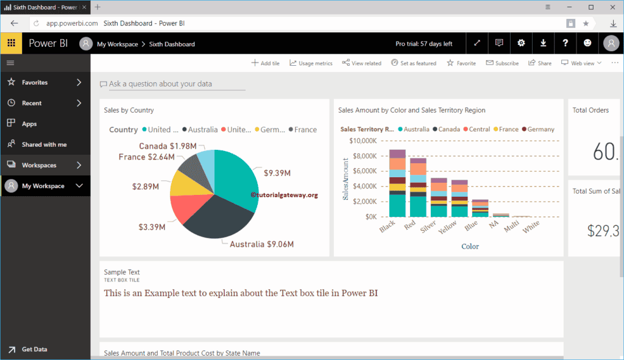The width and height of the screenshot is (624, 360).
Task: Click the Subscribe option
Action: click(502, 63)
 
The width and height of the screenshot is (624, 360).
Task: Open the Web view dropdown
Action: click(581, 63)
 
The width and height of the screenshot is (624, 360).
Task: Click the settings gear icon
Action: click(521, 43)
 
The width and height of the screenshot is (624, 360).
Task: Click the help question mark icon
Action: click(565, 43)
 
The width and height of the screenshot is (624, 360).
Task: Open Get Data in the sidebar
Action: click(34, 349)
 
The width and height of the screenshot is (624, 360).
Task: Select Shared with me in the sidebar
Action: click(44, 144)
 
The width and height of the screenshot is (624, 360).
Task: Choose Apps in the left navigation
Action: click(29, 124)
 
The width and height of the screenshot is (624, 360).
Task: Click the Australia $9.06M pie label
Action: click(261, 244)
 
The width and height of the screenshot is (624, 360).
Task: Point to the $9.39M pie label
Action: click(277, 173)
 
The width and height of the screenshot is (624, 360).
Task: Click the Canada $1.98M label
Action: click(168, 146)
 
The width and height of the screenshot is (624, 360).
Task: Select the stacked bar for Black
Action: click(397, 183)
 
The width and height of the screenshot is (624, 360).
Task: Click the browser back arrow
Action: click(14, 23)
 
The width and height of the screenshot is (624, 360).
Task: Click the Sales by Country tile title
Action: click(129, 110)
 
